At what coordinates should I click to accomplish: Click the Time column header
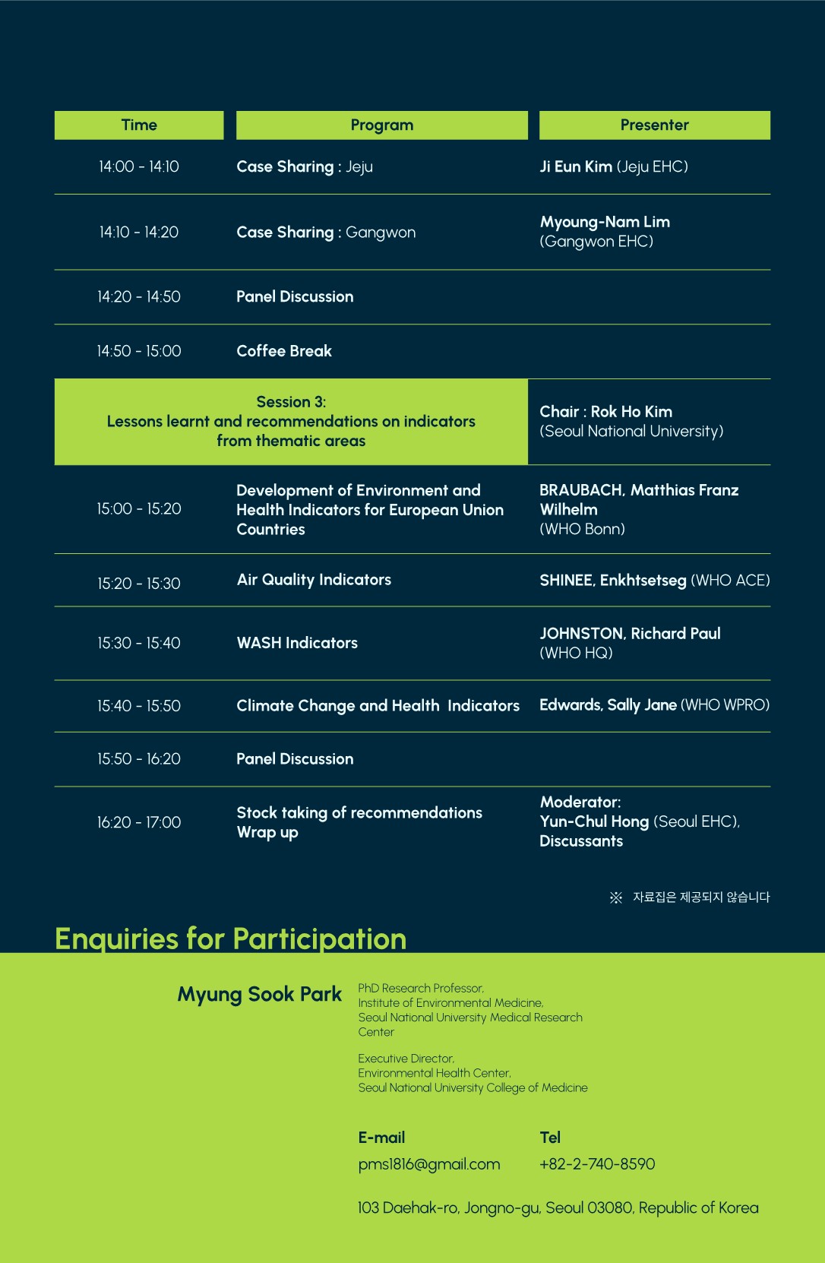coord(139,125)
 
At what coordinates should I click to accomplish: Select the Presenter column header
coord(654,125)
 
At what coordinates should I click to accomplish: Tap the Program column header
coord(381,125)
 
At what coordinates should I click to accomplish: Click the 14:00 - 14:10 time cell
coord(139,166)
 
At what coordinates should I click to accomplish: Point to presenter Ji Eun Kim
coord(576,166)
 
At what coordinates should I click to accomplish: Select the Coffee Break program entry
coord(284,351)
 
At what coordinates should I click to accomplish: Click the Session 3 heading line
coord(291,402)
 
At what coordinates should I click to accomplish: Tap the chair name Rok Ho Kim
coord(631,412)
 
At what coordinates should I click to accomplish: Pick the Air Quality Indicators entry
coord(314,580)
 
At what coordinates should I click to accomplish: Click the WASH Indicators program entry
coord(297,643)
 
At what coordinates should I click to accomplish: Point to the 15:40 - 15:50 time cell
coord(139,706)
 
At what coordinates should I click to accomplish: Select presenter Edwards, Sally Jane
coord(608,705)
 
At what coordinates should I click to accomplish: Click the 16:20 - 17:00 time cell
coord(139,822)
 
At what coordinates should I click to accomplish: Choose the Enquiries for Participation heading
coord(230,939)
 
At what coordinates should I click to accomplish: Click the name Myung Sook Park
coord(259,994)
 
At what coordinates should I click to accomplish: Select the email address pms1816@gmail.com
coord(429,1164)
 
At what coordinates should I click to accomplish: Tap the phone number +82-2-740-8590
coord(597,1164)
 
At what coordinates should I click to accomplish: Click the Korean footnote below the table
coord(700,897)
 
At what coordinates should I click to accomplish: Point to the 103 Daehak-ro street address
coord(558,1208)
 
